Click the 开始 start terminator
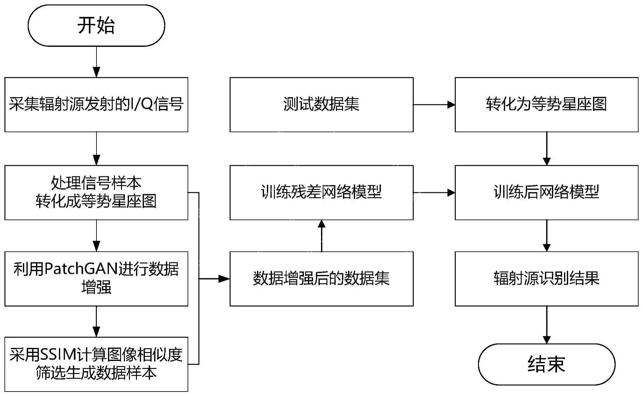[96, 25]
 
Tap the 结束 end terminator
[546, 364]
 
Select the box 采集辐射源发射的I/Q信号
[96, 104]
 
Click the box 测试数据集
[321, 104]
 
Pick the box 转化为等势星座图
[546, 104]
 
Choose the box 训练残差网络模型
[321, 192]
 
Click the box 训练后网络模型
[546, 192]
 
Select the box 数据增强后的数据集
[321, 279]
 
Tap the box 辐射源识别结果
[546, 279]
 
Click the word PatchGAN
[81, 269]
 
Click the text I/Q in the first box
[142, 104]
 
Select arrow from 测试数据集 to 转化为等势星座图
[434, 104]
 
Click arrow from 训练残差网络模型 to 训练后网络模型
[434, 192]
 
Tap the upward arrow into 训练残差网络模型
[322, 236]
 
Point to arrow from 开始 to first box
[96, 62]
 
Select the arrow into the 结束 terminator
[547, 325]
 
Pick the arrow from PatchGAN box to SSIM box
[96, 322]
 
